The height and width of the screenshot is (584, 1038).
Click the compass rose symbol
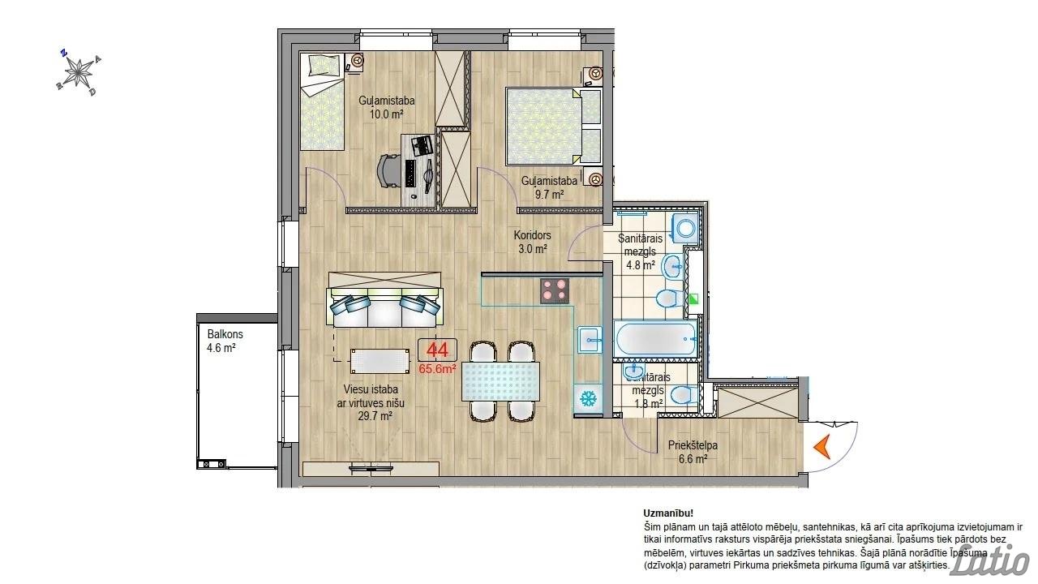[x=79, y=73]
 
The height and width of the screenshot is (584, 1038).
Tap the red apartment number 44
[x=437, y=350]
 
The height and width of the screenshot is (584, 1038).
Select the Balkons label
[x=225, y=334]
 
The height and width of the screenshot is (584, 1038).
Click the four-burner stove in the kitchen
[x=555, y=291]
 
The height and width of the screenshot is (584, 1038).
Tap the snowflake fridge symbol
[x=589, y=398]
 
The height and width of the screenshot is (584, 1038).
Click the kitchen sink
[x=590, y=340]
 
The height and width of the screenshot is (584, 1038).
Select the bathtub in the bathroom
[x=656, y=339]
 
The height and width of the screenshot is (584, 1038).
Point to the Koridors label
[x=533, y=235]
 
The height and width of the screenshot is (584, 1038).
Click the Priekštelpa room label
[x=693, y=445]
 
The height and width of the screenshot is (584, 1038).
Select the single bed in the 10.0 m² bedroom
[x=323, y=102]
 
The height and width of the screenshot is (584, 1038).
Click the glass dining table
[x=501, y=381]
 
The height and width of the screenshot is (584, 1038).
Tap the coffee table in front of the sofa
[x=380, y=361]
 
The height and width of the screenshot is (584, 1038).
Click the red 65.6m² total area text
[x=437, y=369]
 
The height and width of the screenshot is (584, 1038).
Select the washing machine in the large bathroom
[x=685, y=228]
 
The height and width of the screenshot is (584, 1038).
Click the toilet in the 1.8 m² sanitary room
[x=684, y=395]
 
